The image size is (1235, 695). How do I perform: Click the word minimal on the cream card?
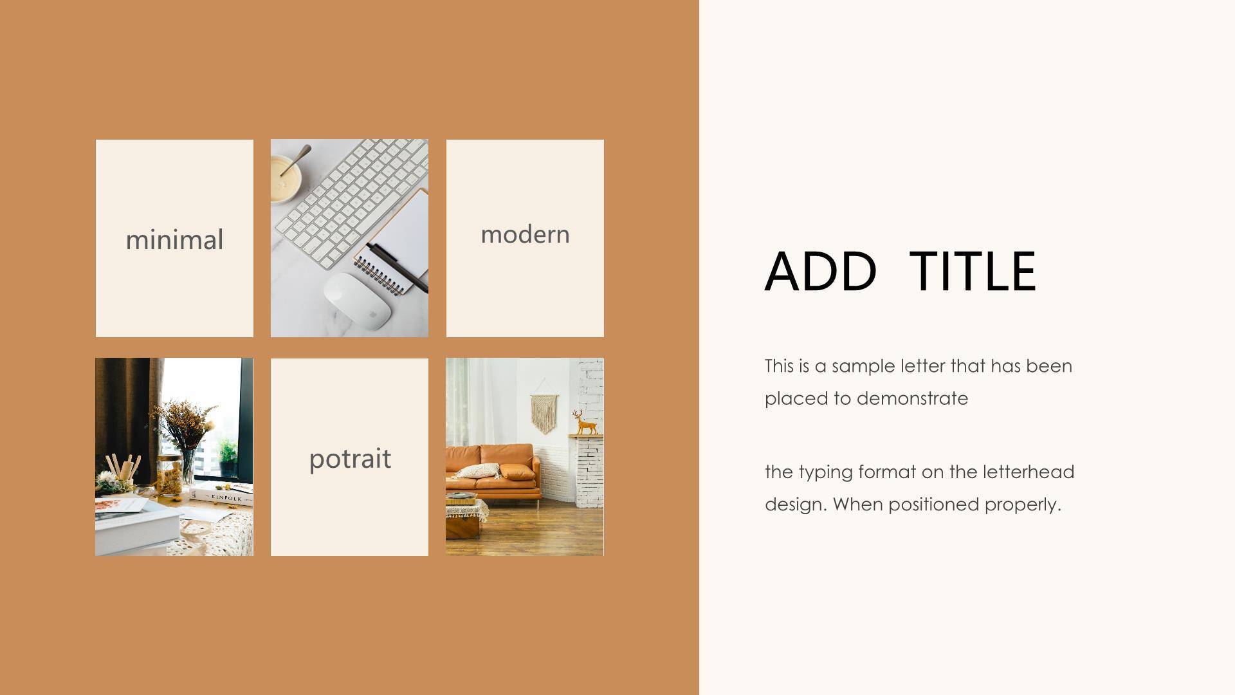174,239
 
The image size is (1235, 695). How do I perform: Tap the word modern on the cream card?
525,234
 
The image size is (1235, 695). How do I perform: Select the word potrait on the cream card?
350,459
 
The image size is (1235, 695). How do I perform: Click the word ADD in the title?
820,271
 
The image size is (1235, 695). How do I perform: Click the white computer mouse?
357,301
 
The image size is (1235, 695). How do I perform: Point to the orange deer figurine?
585,422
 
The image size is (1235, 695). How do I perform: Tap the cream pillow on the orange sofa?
477,471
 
